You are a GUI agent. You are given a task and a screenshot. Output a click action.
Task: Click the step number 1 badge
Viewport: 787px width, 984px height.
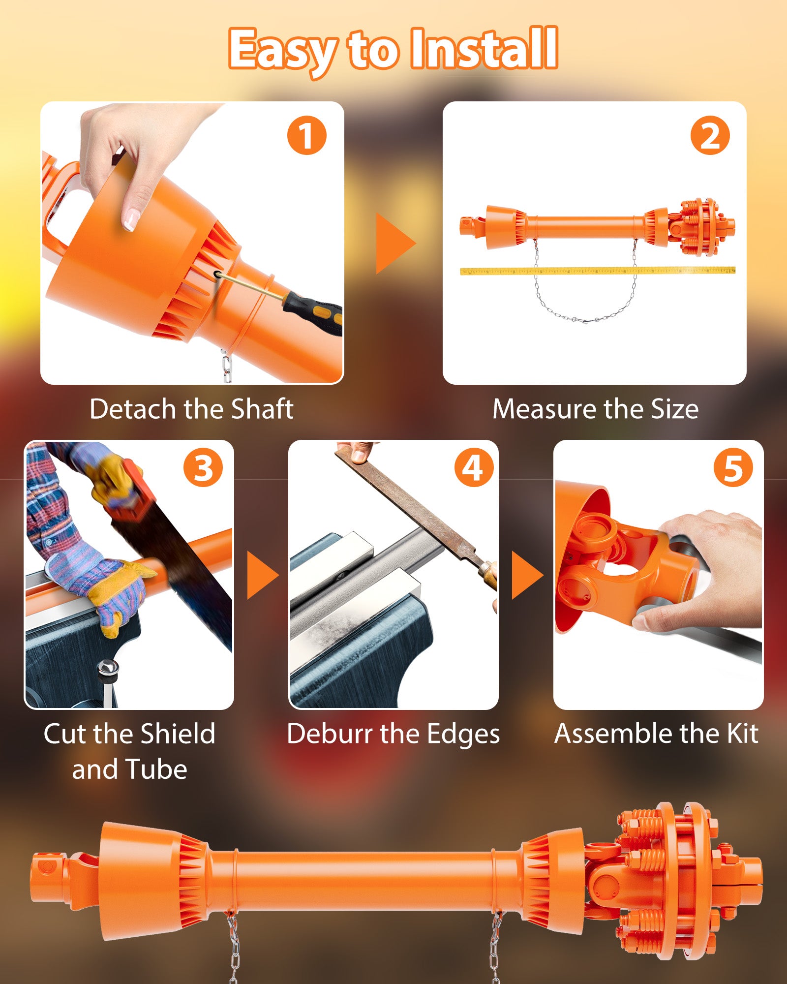click(x=306, y=135)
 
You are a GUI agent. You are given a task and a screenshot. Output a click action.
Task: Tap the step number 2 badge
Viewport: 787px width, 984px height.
click(x=710, y=135)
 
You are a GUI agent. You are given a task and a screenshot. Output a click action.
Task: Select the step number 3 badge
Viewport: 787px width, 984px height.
click(x=203, y=467)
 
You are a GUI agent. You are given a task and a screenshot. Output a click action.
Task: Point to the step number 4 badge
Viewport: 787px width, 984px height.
click(x=474, y=467)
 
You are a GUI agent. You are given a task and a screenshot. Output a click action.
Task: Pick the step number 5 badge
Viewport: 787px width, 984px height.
click(x=733, y=467)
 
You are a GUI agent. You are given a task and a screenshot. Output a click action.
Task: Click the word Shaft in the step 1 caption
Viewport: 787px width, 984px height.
click(x=262, y=409)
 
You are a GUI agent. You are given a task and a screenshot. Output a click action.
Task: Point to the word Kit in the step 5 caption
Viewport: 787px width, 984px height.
click(x=743, y=734)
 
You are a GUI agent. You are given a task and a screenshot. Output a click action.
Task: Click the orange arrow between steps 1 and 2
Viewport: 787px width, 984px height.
click(x=395, y=243)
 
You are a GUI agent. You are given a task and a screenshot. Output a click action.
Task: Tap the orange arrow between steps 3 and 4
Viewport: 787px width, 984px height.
click(x=263, y=575)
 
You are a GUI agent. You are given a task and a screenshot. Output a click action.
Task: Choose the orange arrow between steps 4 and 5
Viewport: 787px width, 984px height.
click(x=527, y=575)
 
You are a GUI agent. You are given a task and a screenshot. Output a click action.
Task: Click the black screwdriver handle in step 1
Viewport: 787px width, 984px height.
click(x=313, y=313)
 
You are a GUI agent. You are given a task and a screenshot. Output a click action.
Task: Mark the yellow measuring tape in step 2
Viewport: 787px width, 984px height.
click(x=598, y=271)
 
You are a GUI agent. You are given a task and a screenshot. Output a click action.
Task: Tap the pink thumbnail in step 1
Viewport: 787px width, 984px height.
click(x=130, y=219)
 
